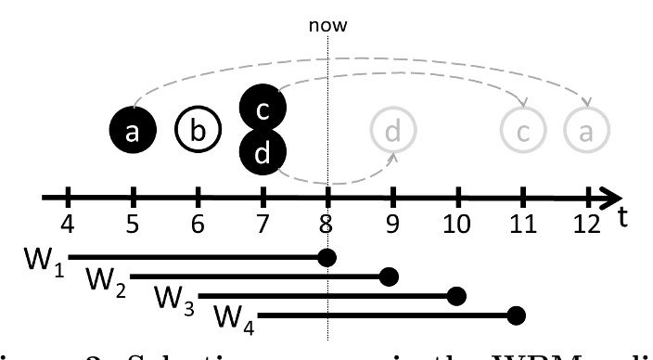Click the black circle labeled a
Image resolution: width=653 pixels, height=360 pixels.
(133, 132)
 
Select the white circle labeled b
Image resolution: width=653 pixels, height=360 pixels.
(197, 132)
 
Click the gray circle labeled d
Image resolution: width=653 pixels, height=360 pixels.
(393, 132)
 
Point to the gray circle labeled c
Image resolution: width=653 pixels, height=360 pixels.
(523, 132)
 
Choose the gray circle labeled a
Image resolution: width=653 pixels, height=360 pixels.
(586, 132)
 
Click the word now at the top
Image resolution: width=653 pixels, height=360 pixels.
(328, 25)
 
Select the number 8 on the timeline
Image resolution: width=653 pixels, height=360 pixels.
(327, 225)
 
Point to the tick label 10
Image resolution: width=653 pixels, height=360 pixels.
(456, 225)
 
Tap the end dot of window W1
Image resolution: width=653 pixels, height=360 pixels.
(326, 255)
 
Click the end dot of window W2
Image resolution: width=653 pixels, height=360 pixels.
(391, 276)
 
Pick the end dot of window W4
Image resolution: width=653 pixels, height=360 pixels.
(518, 316)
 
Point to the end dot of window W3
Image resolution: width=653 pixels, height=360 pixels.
(455, 296)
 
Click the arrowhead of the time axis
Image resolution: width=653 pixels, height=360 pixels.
(612, 197)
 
